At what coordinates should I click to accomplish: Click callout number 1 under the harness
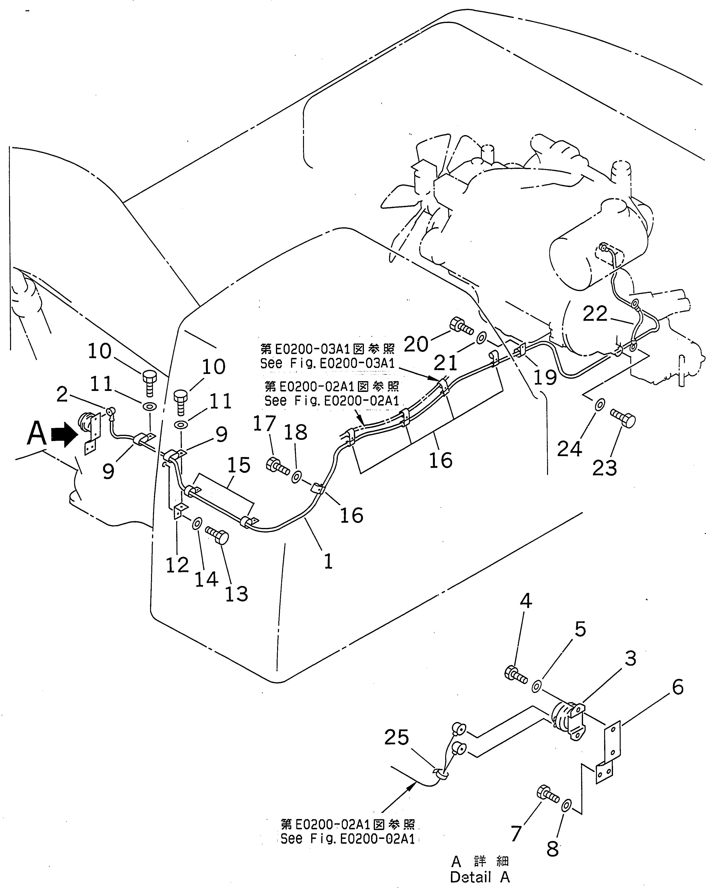pyautogui.click(x=328, y=561)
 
